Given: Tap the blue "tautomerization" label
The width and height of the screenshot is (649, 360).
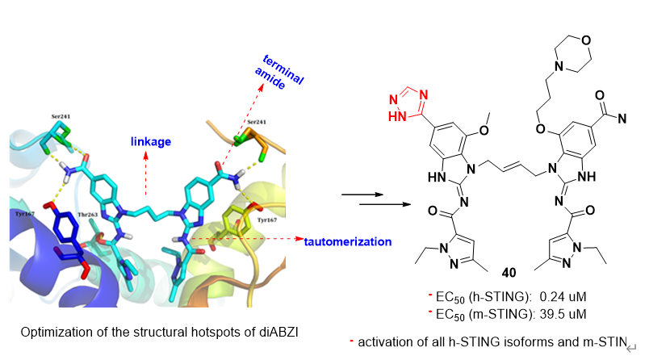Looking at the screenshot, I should click(346, 241).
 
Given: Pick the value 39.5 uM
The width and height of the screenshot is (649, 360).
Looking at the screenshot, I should click(556, 310).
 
